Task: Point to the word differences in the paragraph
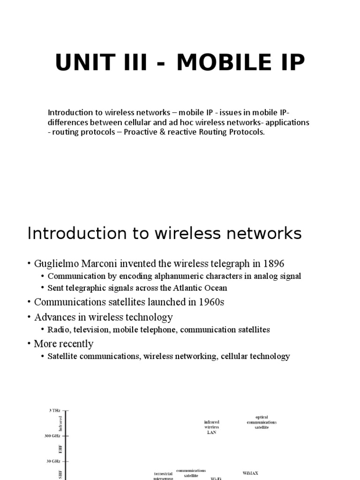(x=68, y=122)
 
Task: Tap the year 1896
(x=272, y=263)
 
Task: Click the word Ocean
(x=214, y=288)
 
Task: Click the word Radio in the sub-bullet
(x=58, y=330)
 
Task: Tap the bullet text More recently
(x=64, y=344)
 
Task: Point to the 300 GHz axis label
(x=52, y=436)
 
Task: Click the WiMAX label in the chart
(x=251, y=473)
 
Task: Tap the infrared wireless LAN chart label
(x=212, y=427)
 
